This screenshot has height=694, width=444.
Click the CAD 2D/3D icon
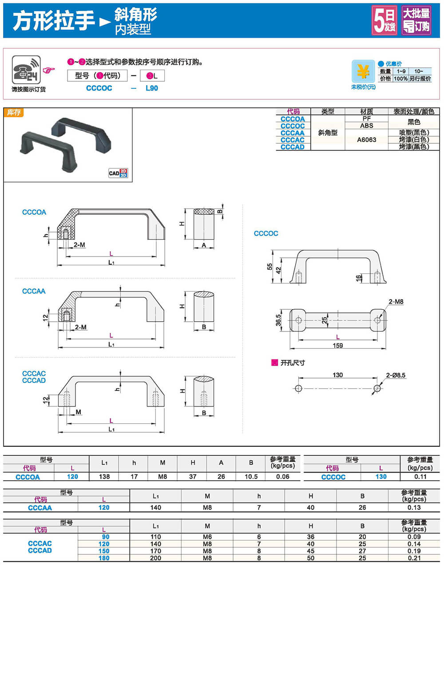point(118,173)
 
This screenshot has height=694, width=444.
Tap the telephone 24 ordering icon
point(26,70)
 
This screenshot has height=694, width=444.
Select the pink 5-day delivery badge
point(385,20)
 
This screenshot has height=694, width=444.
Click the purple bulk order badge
point(416,20)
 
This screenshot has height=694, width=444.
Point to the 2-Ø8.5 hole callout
point(396,375)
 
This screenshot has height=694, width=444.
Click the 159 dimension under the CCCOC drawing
point(338,346)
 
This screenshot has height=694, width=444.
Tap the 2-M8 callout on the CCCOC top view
point(396,302)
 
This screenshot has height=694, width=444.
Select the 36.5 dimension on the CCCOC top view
point(278,320)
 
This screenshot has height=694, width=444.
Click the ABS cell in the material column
point(366,126)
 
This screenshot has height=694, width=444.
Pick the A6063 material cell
point(366,140)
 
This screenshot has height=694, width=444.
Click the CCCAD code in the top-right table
point(293,147)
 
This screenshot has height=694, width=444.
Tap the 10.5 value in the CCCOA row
point(251,477)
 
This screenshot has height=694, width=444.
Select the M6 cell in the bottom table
point(207,537)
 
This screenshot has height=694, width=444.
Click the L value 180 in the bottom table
point(104,558)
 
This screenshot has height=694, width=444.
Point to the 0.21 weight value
point(414,558)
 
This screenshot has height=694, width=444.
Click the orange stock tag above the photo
point(14,113)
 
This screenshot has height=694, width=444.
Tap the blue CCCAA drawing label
point(34,291)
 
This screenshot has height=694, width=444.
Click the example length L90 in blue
point(152,88)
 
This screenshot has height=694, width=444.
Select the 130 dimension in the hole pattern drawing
point(338,375)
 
